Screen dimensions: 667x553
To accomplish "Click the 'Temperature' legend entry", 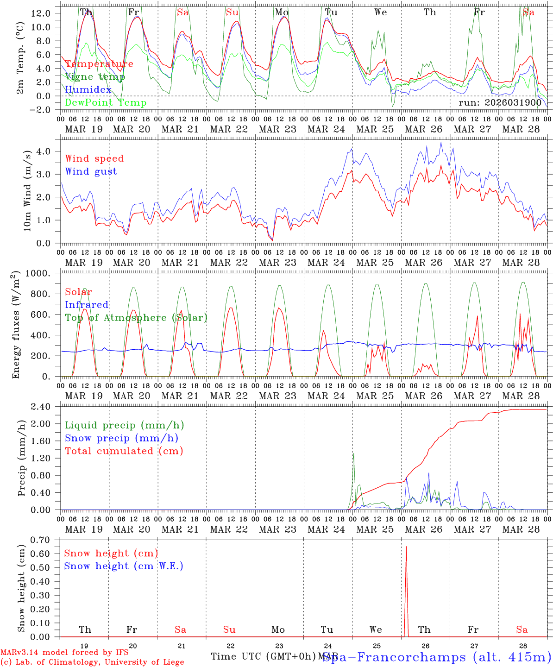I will [x=99, y=64].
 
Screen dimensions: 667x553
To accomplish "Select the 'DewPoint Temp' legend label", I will [x=106, y=103].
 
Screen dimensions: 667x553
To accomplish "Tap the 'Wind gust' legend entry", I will [x=91, y=171].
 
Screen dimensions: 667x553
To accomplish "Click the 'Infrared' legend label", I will [x=87, y=305].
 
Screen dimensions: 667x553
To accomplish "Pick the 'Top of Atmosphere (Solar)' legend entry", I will [x=136, y=318].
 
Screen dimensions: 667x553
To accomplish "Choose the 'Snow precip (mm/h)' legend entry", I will [x=121, y=438].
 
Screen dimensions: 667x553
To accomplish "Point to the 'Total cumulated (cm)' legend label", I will [x=124, y=451].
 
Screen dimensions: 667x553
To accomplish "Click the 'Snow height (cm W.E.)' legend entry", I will [x=124, y=566].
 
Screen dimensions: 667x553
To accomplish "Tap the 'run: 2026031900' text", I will [x=500, y=103].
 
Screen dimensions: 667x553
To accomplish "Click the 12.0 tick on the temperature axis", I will [x=41, y=13].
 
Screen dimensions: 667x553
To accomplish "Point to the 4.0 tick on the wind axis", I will [x=45, y=151].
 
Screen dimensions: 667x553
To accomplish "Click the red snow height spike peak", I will [x=406, y=547].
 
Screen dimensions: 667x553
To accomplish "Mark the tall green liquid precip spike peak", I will [x=353, y=454].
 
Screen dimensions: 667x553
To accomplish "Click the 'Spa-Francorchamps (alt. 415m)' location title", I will [x=437, y=657].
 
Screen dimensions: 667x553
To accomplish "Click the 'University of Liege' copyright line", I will [x=92, y=662].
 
